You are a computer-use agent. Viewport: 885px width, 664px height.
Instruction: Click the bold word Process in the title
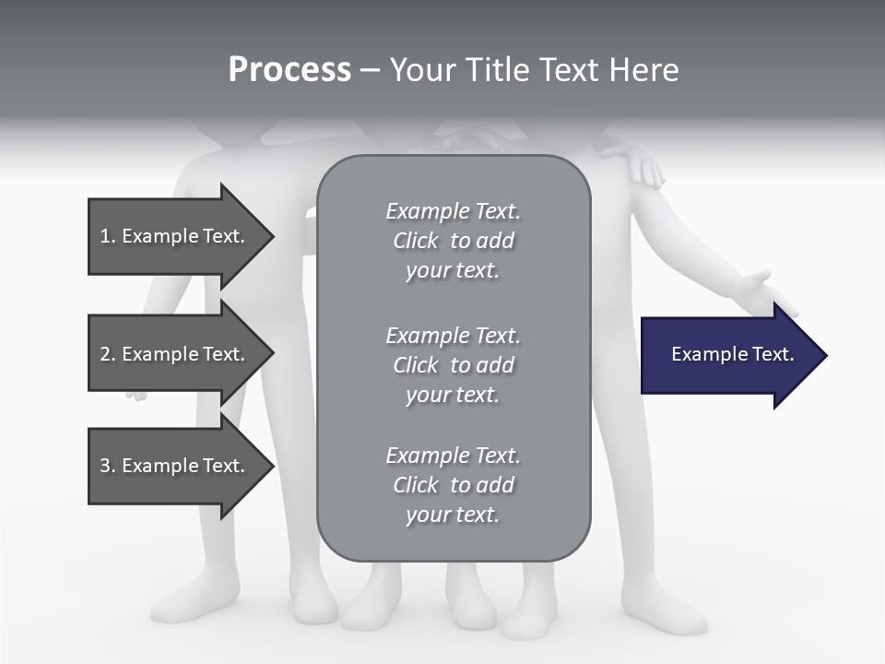pos(289,70)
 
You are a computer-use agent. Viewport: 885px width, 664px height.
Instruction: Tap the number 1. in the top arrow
pos(108,236)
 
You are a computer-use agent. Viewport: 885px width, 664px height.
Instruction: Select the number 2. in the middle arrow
pos(108,354)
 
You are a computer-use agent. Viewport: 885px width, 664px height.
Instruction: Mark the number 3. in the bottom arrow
pos(108,466)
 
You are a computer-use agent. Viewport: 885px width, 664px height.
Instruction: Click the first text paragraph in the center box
pos(453,241)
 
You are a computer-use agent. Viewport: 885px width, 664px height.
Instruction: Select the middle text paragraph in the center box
pos(453,365)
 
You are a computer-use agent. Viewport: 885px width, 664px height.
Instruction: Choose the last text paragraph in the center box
pos(453,485)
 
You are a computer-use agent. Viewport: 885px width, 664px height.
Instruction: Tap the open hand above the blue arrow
pos(761,291)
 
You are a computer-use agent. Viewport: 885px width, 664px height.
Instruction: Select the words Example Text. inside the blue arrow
pos(732,354)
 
